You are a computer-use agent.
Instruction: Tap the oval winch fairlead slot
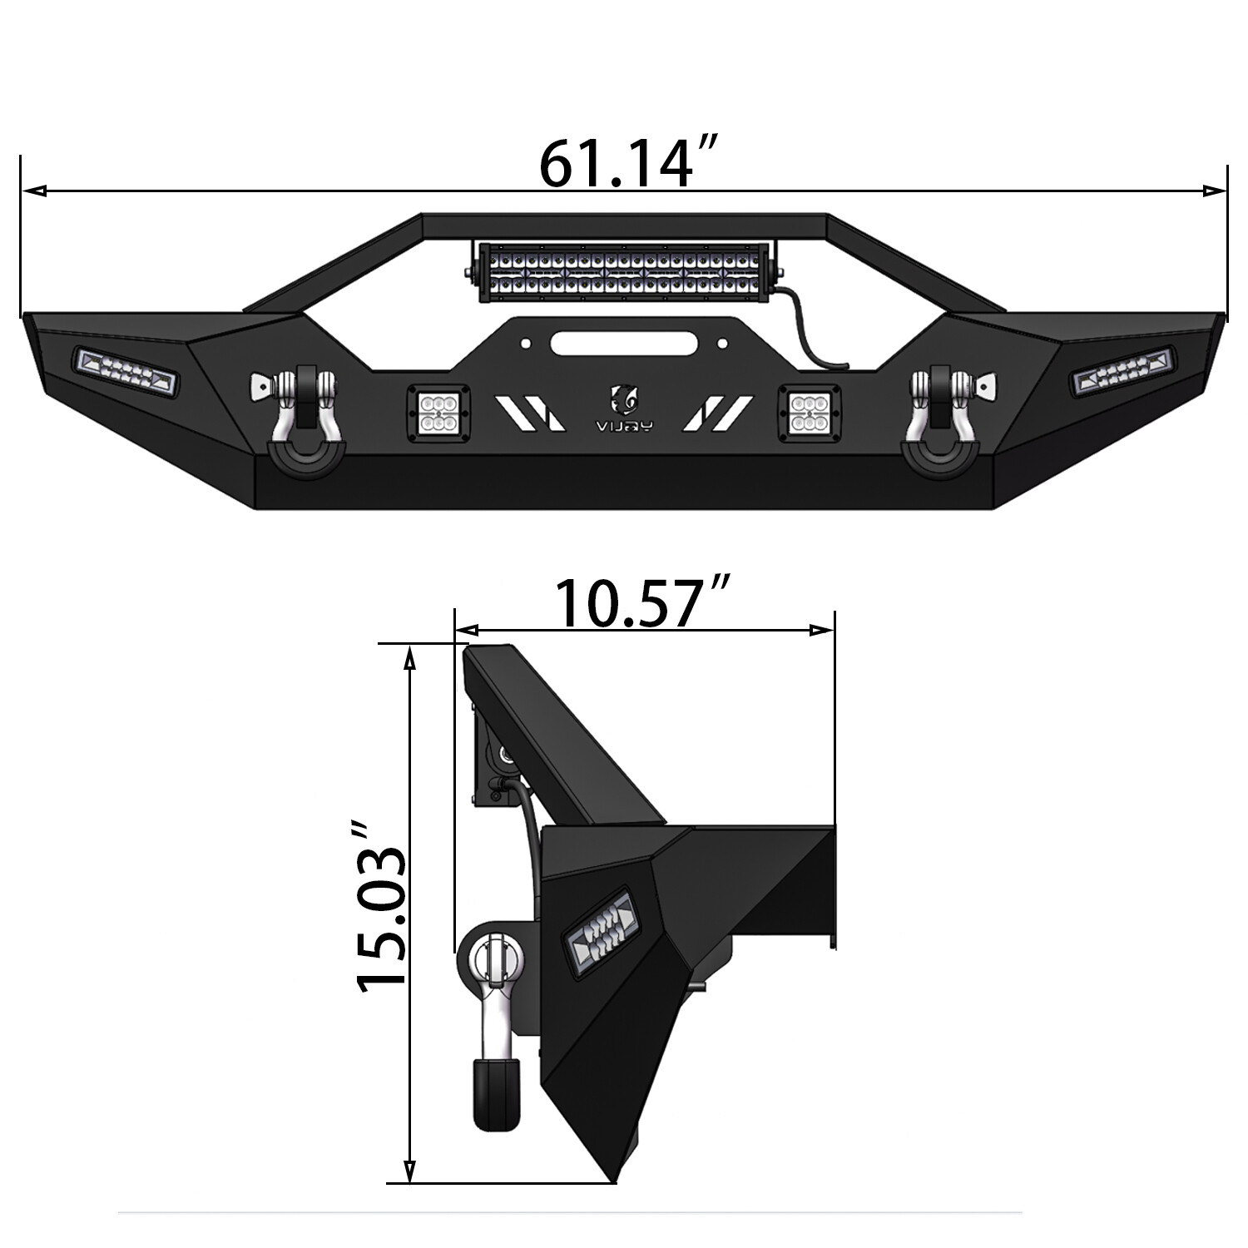(x=624, y=341)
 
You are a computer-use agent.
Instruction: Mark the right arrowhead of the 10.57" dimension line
(x=824, y=630)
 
